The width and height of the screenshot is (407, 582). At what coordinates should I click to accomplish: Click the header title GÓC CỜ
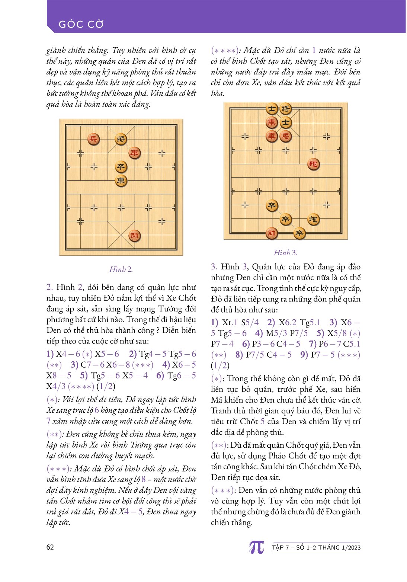[x=81, y=25]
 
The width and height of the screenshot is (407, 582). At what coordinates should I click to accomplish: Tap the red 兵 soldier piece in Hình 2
[x=93, y=139]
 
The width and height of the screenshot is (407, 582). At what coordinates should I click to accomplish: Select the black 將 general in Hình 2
[x=121, y=139]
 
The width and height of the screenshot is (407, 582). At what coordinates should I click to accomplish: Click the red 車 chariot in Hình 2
[x=134, y=153]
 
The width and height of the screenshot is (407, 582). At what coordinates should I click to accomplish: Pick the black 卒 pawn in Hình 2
[x=121, y=167]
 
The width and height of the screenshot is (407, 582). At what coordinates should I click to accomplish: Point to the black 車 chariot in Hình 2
[x=121, y=181]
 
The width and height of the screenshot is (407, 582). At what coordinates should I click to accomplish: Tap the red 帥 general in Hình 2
[x=134, y=236]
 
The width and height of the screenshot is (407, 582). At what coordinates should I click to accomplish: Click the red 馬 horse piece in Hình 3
[x=285, y=136]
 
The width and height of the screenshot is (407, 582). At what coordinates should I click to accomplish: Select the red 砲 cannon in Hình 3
[x=313, y=164]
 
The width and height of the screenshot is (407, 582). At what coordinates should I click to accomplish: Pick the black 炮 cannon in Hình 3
[x=313, y=219]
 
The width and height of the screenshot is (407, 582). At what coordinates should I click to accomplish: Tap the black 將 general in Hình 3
[x=285, y=109]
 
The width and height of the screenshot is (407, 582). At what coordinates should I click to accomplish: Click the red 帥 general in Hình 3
[x=272, y=233]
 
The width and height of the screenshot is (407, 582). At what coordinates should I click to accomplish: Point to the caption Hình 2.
[x=121, y=269]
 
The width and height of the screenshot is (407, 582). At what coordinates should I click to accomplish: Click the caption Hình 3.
[x=285, y=253]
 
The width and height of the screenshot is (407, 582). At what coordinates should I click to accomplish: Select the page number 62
[x=50, y=547]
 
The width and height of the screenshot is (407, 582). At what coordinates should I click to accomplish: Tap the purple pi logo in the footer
[x=256, y=547]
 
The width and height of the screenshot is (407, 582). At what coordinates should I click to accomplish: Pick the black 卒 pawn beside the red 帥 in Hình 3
[x=299, y=233]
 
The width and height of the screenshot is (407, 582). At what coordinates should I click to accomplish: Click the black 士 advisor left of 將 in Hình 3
[x=272, y=109]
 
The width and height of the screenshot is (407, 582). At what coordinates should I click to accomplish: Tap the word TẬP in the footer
[x=278, y=547]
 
